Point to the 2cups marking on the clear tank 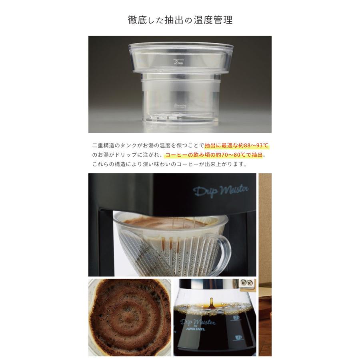[x=178, y=62]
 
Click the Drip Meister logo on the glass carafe [x=198, y=322]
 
